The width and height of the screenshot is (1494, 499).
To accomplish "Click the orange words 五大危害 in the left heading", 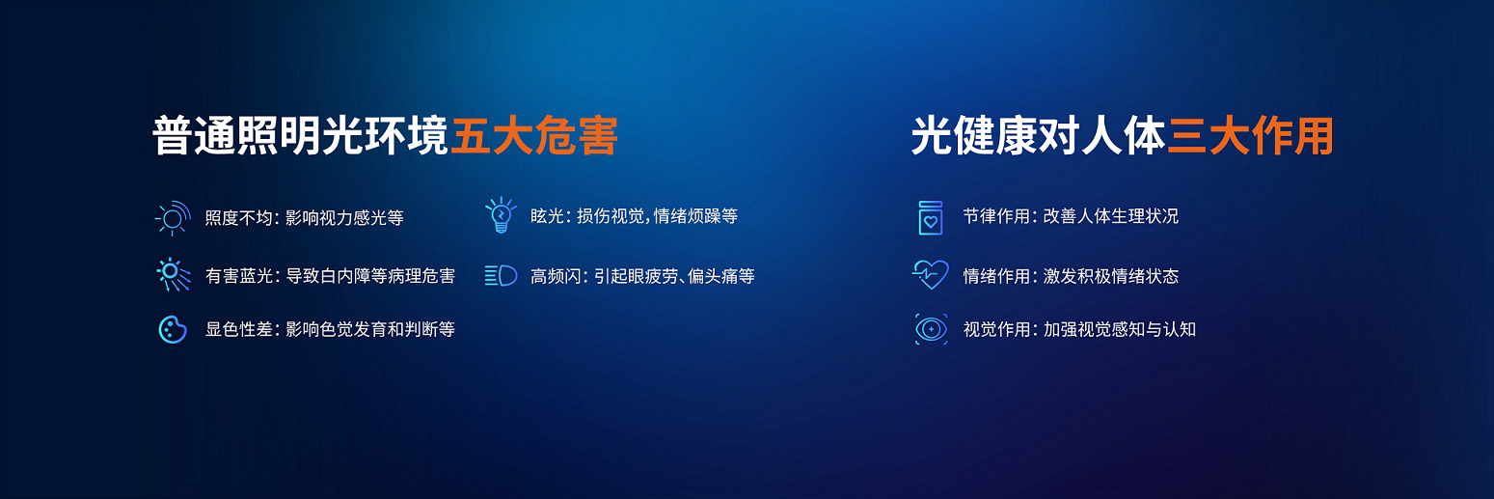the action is (x=534, y=136).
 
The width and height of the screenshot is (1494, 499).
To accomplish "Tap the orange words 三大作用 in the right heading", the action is (x=1251, y=136).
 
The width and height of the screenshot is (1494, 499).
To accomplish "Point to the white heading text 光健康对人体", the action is (x=1039, y=136).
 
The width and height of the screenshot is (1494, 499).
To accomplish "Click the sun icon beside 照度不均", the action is (x=173, y=217).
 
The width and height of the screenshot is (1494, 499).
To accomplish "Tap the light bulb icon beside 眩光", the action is (x=501, y=215).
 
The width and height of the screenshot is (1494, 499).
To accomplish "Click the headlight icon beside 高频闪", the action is (x=501, y=275).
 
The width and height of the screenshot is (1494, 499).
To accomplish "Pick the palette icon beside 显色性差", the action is (x=173, y=329).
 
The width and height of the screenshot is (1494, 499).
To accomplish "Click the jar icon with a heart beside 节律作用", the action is (x=931, y=217).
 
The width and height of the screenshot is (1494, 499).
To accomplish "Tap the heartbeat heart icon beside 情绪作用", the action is (x=931, y=274).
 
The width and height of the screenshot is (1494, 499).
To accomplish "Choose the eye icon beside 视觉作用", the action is (x=931, y=329).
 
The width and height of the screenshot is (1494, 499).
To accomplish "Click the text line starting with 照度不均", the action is (x=304, y=218).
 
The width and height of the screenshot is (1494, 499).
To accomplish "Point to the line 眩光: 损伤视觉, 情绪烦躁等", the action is (x=635, y=216).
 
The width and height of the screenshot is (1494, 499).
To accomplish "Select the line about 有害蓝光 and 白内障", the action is (x=330, y=276).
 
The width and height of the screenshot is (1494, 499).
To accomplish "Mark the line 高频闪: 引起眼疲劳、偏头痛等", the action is (x=642, y=276).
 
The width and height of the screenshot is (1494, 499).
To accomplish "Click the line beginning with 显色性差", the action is (x=330, y=329).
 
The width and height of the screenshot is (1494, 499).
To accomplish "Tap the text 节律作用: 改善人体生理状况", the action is (x=1071, y=216).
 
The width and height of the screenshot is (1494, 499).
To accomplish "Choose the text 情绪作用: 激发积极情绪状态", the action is (x=1071, y=276).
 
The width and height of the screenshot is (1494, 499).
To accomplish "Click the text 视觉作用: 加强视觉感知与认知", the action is (x=1079, y=329).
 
